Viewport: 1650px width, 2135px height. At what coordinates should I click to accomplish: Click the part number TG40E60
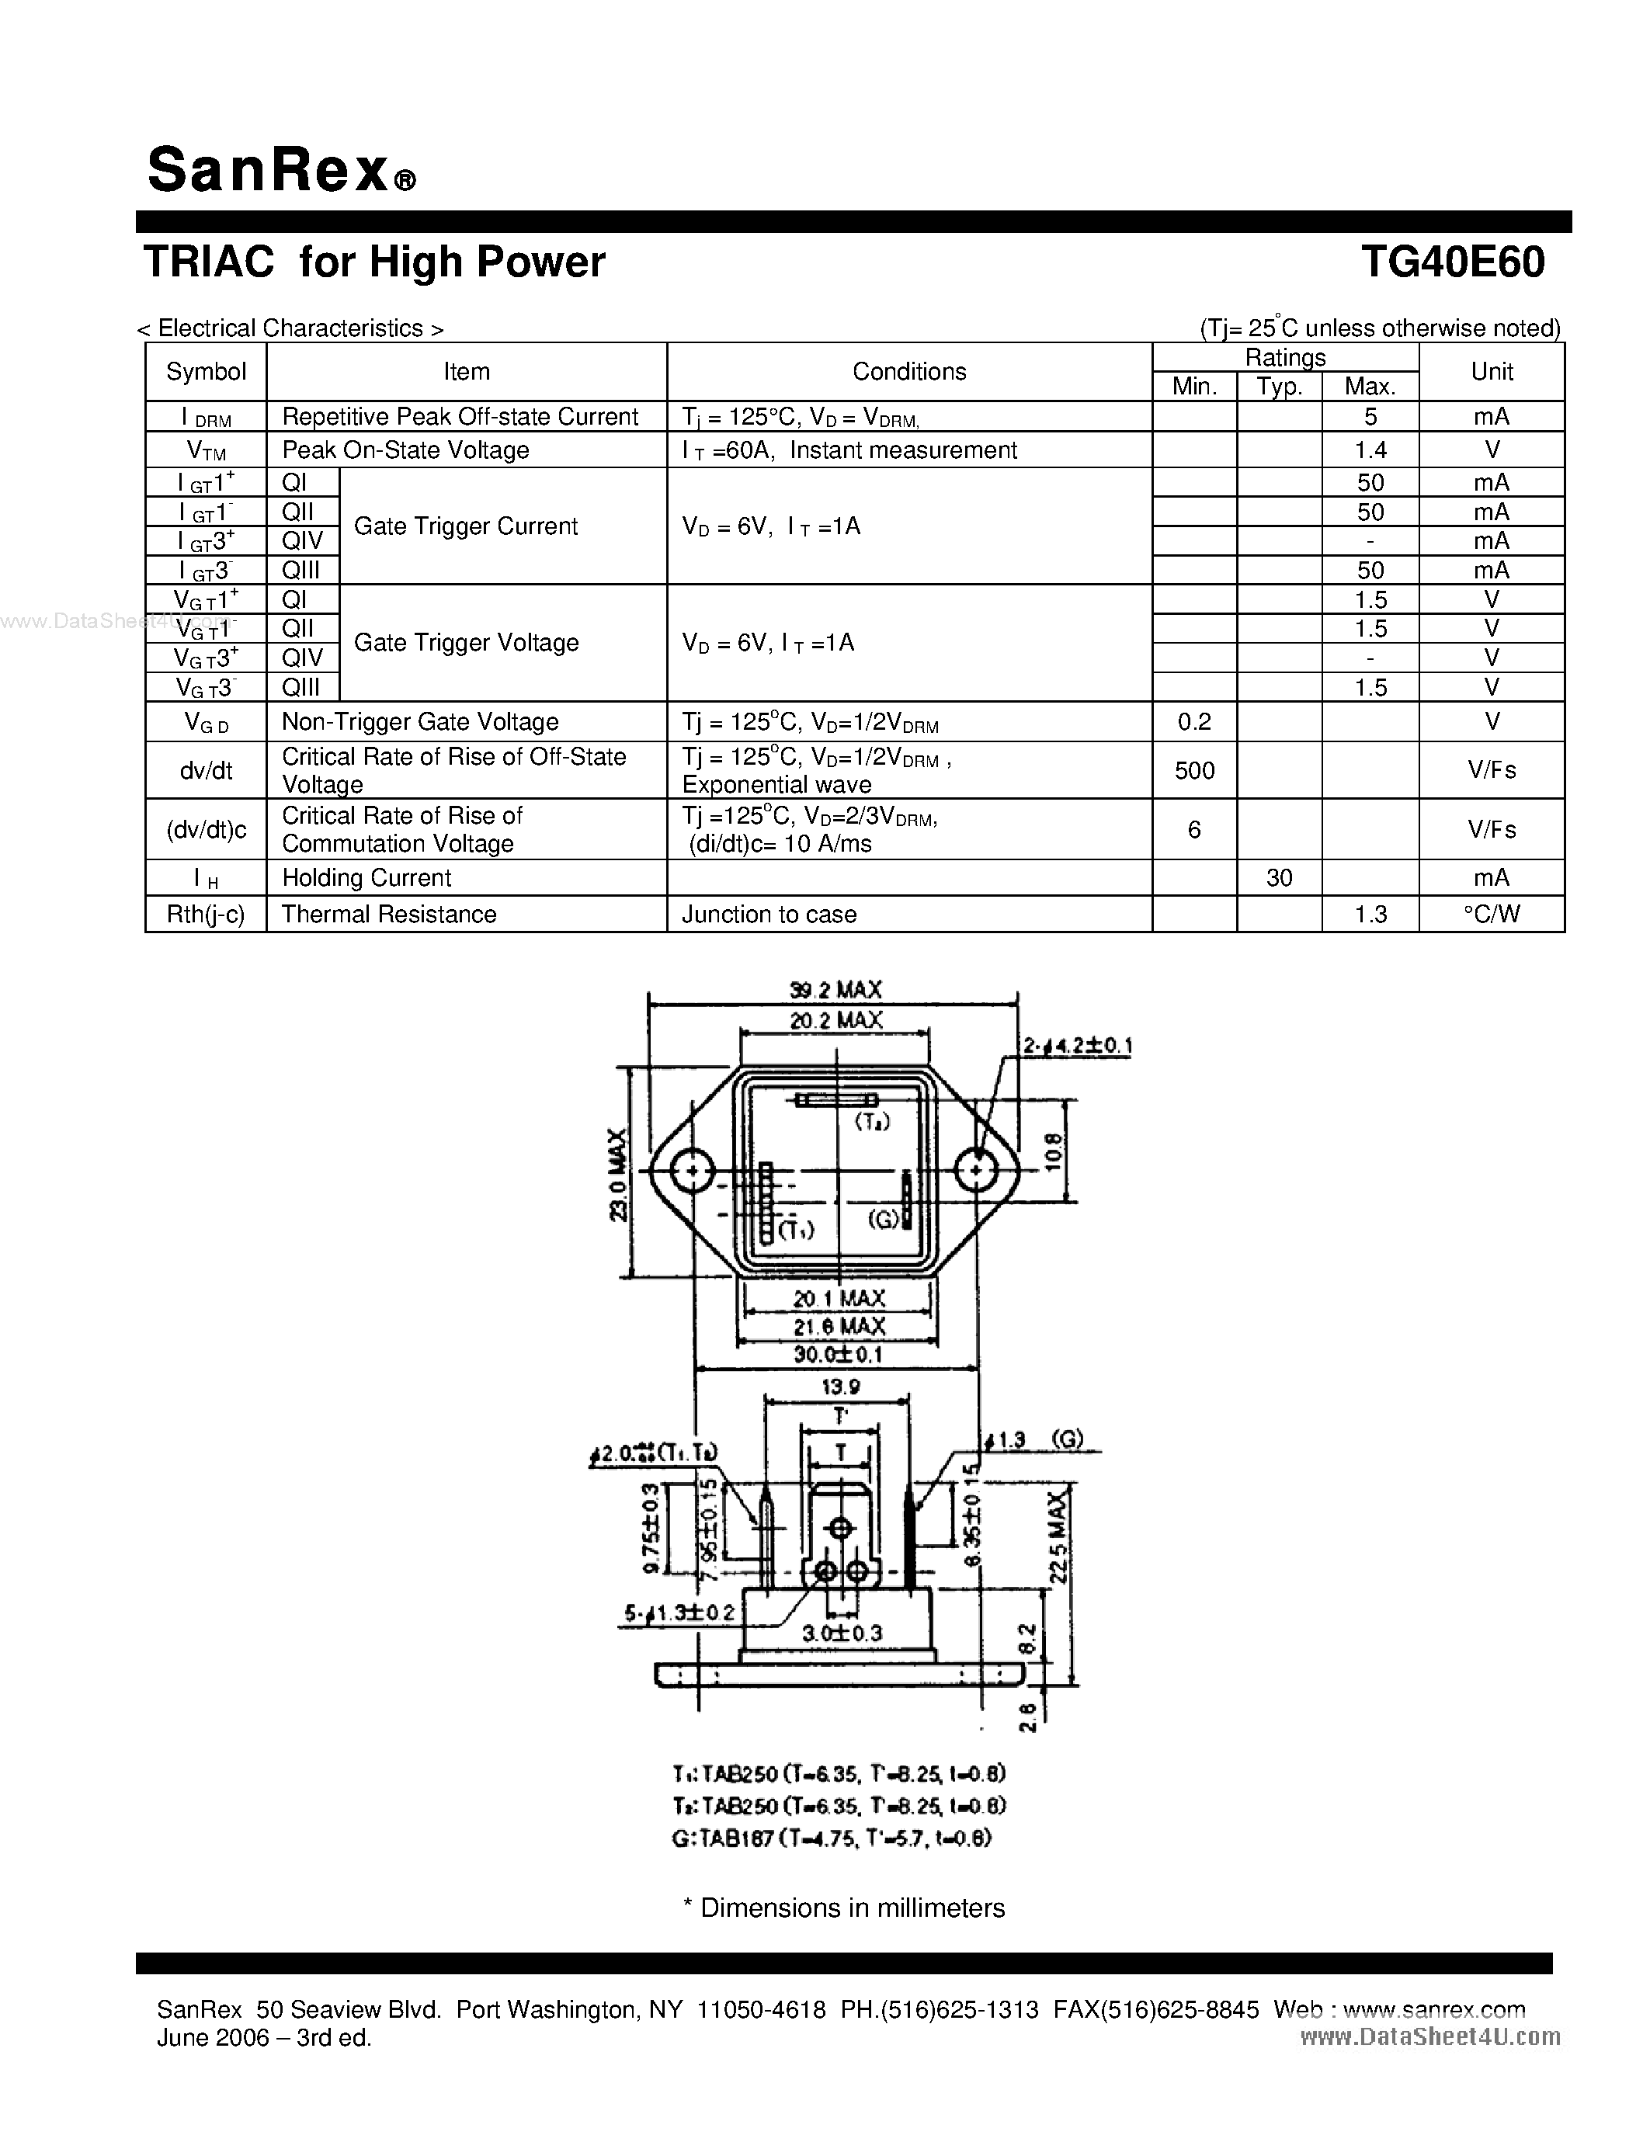[x=1453, y=262]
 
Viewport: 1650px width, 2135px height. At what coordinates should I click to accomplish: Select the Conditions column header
[x=909, y=371]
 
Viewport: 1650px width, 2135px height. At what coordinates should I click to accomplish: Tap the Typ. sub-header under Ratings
[x=1279, y=387]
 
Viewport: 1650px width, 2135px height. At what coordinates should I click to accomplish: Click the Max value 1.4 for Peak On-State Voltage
[x=1370, y=450]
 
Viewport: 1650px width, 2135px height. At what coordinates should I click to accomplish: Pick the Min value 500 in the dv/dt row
[x=1194, y=770]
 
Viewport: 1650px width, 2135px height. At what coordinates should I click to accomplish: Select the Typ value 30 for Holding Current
[x=1279, y=878]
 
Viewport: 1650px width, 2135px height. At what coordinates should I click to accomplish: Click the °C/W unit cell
[x=1492, y=914]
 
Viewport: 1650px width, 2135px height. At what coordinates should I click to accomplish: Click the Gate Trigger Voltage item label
[x=466, y=642]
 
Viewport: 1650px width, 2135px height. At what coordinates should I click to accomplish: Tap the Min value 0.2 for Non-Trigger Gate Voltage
[x=1194, y=721]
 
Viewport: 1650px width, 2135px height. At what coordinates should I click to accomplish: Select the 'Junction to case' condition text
[x=769, y=914]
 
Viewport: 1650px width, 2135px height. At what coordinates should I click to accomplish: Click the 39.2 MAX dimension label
[x=835, y=989]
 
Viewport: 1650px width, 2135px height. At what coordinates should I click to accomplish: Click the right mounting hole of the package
[x=975, y=1170]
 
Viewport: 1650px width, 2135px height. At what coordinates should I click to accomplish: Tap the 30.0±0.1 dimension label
[x=838, y=1354]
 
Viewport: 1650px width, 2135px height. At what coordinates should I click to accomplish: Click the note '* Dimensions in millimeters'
[x=843, y=1908]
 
